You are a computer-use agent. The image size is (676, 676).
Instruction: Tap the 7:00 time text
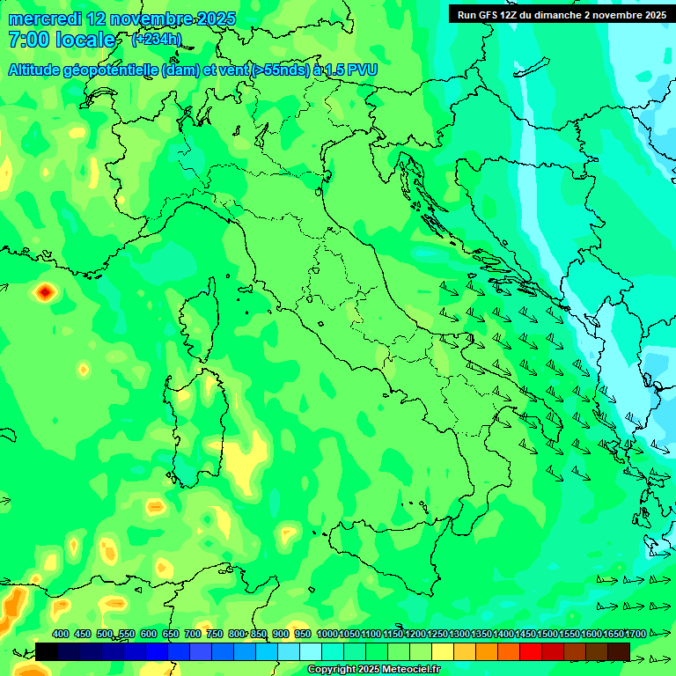click(x=27, y=40)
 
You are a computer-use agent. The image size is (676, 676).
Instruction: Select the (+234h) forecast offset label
click(x=156, y=39)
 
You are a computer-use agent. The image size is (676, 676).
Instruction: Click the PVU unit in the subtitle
click(x=362, y=70)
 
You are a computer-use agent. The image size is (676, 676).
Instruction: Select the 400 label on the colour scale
click(x=61, y=634)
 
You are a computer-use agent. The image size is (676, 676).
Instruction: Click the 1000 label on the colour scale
click(x=327, y=634)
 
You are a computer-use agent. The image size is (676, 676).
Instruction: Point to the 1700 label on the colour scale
click(x=636, y=634)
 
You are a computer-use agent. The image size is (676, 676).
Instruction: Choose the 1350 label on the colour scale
click(x=481, y=634)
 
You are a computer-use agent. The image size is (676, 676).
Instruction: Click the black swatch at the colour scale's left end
click(x=47, y=651)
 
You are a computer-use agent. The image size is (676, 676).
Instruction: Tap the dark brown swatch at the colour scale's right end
click(x=619, y=651)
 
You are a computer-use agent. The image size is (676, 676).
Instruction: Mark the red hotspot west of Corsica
click(x=44, y=292)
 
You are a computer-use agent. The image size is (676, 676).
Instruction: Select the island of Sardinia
click(x=195, y=422)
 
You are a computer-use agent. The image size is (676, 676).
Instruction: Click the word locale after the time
click(x=85, y=40)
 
